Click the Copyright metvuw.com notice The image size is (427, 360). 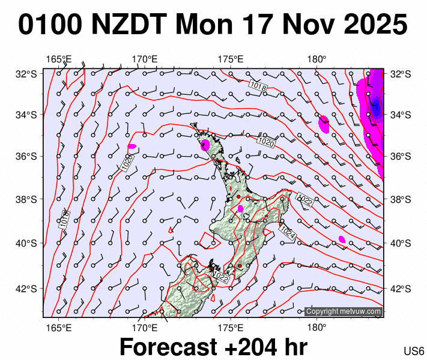click(x=343, y=311)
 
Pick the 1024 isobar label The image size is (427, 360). click(x=286, y=234)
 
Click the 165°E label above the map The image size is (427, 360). click(x=59, y=59)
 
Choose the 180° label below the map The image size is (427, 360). click(x=316, y=328)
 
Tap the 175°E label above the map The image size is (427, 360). click(x=230, y=59)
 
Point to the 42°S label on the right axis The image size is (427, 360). click(x=401, y=289)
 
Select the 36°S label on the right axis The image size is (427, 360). click(x=401, y=157)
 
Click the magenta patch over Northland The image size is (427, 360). click(x=205, y=145)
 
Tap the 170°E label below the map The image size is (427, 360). click(x=145, y=328)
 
